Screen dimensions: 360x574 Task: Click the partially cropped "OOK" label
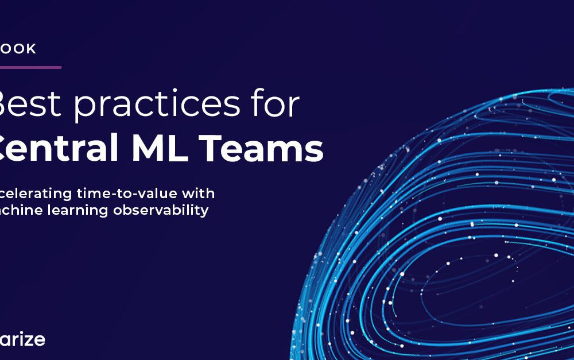[18, 49]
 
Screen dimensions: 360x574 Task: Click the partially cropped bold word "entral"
[55, 149]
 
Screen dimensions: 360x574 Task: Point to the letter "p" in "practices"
[85, 109]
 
